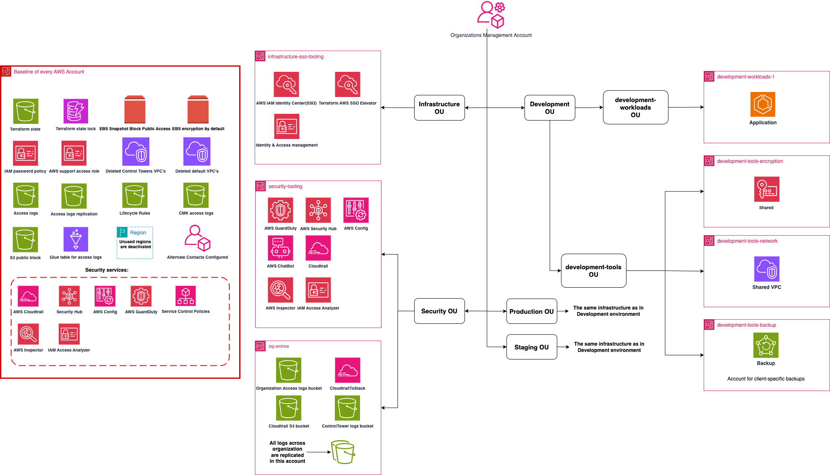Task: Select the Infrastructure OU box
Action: coord(439,108)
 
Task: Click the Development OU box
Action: coord(549,108)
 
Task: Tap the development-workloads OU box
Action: coord(635,107)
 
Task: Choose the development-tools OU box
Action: coord(593,270)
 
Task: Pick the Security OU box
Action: coord(439,311)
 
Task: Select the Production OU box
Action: coord(531,311)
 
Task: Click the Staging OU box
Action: coord(531,347)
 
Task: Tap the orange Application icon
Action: coord(762,104)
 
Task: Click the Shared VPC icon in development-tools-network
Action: coord(767,269)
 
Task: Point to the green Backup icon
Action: coord(766,345)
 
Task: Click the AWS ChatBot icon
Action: coord(280,248)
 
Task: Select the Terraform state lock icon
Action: coord(76,111)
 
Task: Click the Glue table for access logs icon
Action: coord(76,239)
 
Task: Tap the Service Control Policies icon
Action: coord(185,296)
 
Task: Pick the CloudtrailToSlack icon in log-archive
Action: coord(347,370)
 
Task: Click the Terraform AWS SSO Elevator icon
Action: coord(347,84)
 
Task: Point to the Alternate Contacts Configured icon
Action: coord(197,238)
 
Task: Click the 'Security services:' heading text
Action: coord(107,270)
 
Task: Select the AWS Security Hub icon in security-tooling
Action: coord(318,210)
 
